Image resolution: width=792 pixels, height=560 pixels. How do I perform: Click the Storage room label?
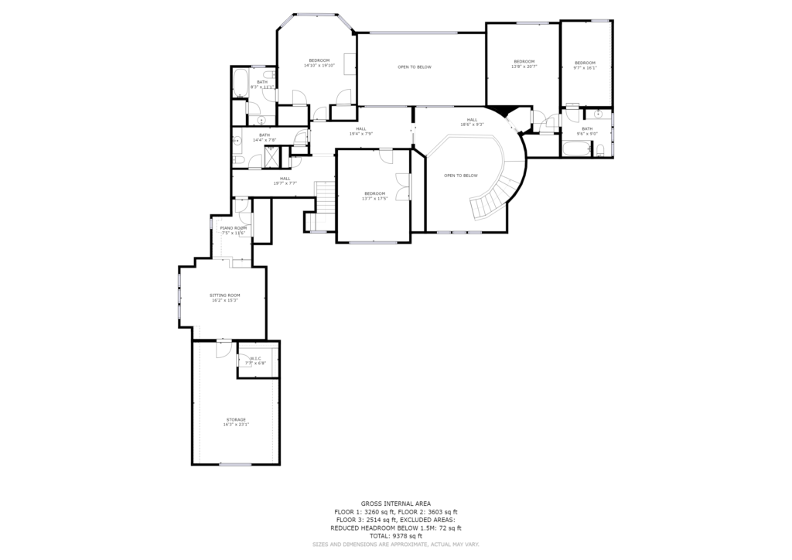click(x=236, y=422)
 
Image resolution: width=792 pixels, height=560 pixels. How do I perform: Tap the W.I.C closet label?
click(x=254, y=360)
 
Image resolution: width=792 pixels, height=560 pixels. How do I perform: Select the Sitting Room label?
click(x=225, y=297)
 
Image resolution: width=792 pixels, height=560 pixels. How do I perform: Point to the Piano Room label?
click(x=233, y=230)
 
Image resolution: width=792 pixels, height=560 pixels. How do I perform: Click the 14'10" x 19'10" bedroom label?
click(x=319, y=63)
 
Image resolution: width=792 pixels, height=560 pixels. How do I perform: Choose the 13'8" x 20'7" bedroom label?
click(x=524, y=63)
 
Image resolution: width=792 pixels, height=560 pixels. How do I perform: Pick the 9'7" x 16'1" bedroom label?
click(x=585, y=64)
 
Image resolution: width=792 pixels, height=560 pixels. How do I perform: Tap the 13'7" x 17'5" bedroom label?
click(x=374, y=196)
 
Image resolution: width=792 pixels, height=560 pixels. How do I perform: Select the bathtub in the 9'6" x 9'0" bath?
click(x=575, y=149)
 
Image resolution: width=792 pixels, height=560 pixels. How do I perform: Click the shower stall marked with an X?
click(x=274, y=157)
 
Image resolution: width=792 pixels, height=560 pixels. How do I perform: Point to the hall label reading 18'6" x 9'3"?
click(x=472, y=121)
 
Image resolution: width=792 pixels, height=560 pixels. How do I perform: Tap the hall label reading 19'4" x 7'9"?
click(x=361, y=131)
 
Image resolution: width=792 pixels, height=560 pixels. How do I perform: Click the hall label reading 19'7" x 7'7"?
click(x=285, y=180)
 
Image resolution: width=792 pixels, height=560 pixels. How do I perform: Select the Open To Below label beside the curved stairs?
click(x=460, y=176)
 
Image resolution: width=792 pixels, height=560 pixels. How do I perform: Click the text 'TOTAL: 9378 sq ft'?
click(x=395, y=535)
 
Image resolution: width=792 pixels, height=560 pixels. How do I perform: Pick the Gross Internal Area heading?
click(x=395, y=504)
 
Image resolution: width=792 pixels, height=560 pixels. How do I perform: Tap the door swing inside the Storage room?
click(x=223, y=348)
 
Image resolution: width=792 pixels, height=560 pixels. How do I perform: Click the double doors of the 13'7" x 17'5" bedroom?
click(x=401, y=188)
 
